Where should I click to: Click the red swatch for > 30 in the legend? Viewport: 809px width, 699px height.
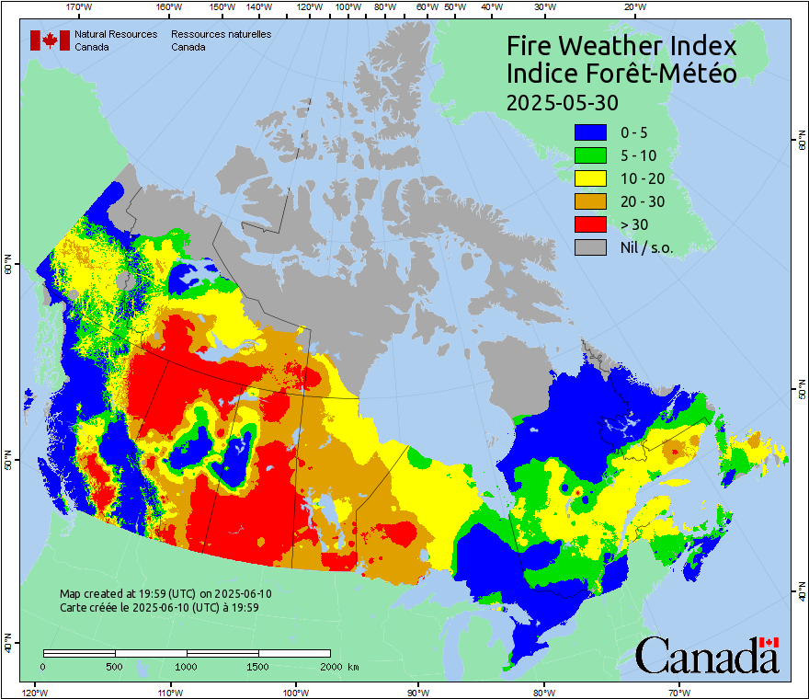(x=590, y=224)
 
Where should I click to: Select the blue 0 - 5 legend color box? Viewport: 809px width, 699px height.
(x=590, y=132)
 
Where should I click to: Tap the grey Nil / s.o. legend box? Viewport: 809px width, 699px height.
(x=590, y=247)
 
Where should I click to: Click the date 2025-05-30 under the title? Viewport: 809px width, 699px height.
(x=563, y=100)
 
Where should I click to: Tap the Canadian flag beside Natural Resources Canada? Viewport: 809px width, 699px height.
(x=50, y=40)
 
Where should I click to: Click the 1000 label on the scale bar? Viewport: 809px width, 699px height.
(x=187, y=666)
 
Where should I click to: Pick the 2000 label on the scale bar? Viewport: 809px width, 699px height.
(x=329, y=666)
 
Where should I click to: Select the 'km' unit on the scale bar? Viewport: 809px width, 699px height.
(x=354, y=666)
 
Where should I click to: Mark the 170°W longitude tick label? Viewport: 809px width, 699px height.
(x=80, y=7)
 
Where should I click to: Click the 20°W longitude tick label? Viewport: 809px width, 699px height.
(x=632, y=7)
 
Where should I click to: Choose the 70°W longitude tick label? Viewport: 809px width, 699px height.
(x=679, y=692)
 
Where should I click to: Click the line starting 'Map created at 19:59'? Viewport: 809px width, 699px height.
(x=165, y=594)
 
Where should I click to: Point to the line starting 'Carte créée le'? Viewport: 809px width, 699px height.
(x=159, y=607)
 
